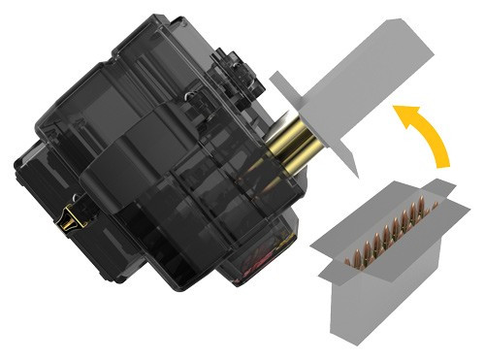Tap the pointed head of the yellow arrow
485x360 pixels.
(x=399, y=114)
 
